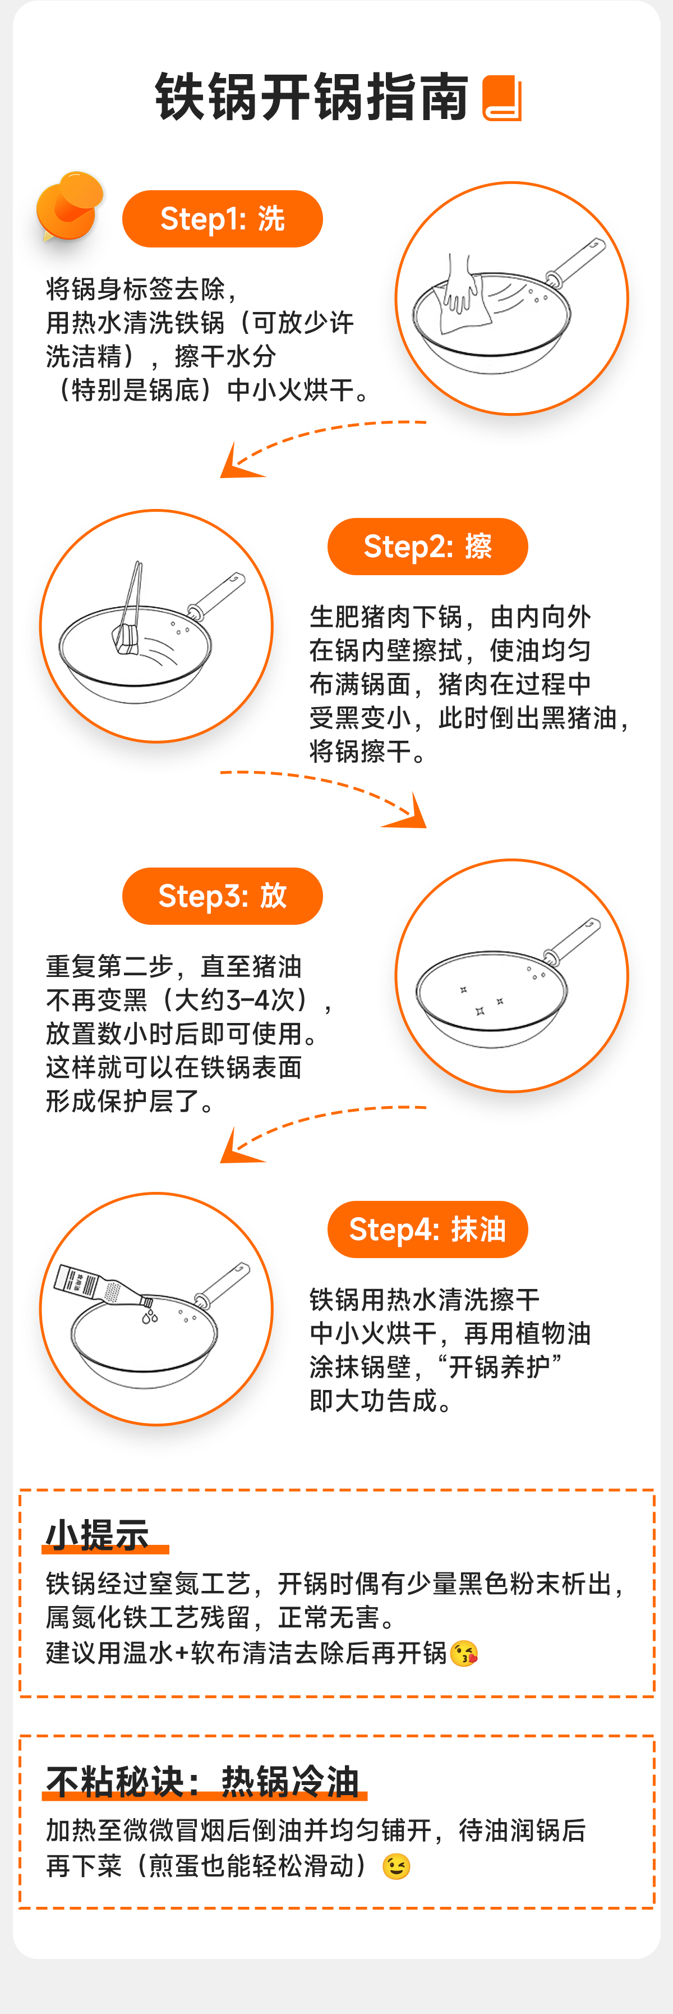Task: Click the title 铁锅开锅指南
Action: [312, 98]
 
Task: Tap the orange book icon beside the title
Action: [502, 99]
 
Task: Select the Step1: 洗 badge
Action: [223, 219]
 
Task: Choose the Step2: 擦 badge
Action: [427, 547]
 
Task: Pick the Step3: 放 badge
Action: [223, 896]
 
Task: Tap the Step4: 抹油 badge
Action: [427, 1229]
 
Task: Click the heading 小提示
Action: [97, 1535]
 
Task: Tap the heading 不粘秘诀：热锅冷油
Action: [202, 1782]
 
